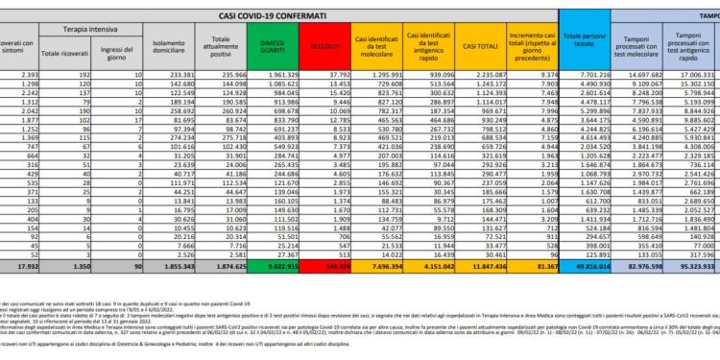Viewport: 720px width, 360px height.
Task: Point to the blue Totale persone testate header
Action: (578, 45)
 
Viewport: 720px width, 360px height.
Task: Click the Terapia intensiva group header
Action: (107, 32)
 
